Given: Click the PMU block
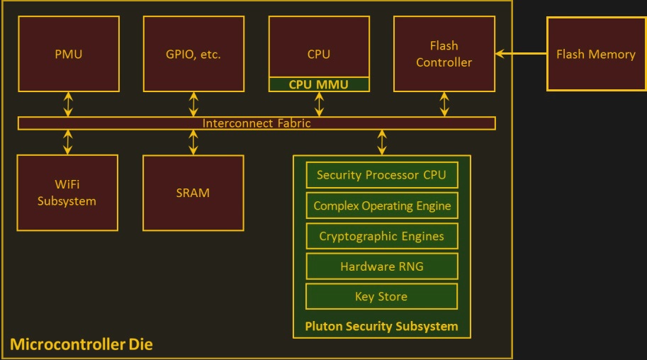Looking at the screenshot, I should point(68,54).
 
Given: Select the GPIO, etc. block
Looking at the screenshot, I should point(193,54).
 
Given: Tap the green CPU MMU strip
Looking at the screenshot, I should point(319,84).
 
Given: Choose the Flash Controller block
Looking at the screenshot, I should point(444,54).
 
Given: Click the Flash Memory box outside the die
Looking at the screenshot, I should point(596,54).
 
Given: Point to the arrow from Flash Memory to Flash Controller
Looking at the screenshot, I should point(521,53).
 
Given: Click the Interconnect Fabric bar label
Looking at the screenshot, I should point(257,123).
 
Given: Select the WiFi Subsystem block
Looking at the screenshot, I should point(67,193).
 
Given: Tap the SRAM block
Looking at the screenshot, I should point(193,193).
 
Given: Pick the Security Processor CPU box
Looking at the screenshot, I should point(381,175).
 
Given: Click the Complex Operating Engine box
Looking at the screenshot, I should point(381,206).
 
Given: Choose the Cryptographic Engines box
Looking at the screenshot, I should point(381,236).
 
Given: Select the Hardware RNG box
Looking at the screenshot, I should point(381,266).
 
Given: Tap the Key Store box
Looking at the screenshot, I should point(381,296).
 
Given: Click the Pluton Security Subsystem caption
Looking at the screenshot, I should point(381,327).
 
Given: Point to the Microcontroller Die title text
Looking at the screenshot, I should point(81,346).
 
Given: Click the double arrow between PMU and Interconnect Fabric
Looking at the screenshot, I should point(68,104).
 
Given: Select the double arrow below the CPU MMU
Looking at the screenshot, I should point(319,104).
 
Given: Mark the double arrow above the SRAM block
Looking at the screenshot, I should point(193,142).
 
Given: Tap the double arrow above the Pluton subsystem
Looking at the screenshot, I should point(382,142).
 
